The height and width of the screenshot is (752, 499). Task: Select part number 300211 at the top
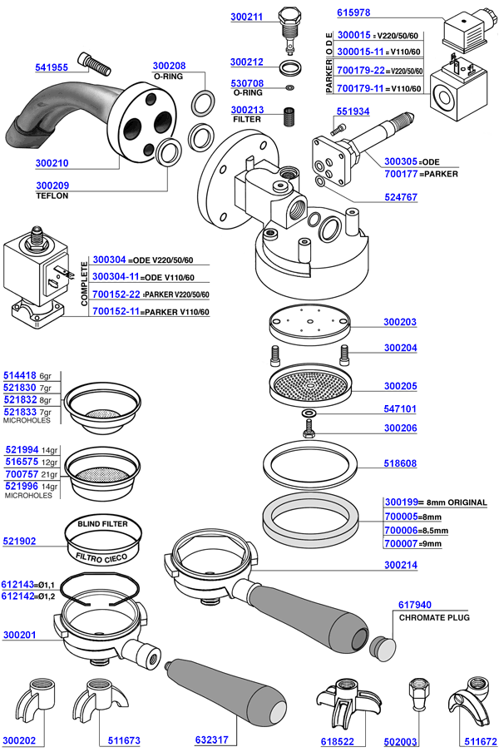point(246,16)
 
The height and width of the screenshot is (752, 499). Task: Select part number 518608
point(401,465)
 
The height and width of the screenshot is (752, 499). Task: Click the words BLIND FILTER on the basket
point(102,525)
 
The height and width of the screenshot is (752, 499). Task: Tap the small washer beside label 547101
point(309,413)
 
